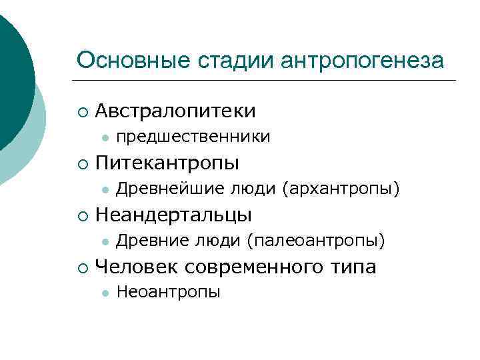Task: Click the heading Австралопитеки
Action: click(176, 110)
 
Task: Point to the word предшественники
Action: click(193, 137)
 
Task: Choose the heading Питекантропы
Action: click(168, 163)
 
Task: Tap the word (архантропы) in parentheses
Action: click(341, 190)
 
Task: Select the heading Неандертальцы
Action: click(174, 215)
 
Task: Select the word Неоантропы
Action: click(168, 293)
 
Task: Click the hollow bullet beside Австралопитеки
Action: click(81, 111)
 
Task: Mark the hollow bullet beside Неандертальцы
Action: click(81, 215)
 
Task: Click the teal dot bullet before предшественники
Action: click(104, 138)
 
